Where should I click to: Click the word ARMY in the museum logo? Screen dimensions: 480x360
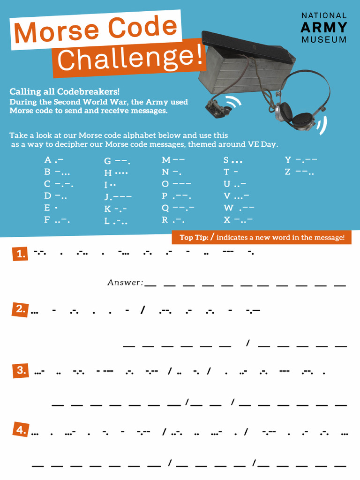pyautogui.click(x=324, y=27)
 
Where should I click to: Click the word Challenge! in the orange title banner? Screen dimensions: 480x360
pyautogui.click(x=131, y=58)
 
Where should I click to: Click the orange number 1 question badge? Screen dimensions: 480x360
pyautogui.click(x=20, y=254)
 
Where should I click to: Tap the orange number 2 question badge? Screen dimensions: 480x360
pyautogui.click(x=20, y=309)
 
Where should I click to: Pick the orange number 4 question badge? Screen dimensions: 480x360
pyautogui.click(x=20, y=430)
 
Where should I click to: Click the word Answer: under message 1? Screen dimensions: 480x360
pyautogui.click(x=125, y=283)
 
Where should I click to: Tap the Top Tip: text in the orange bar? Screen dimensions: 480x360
pyautogui.click(x=194, y=238)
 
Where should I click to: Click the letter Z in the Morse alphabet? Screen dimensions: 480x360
pyautogui.click(x=288, y=172)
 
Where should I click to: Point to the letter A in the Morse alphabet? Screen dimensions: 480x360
pyautogui.click(x=47, y=160)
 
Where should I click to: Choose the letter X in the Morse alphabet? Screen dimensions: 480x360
pyautogui.click(x=227, y=220)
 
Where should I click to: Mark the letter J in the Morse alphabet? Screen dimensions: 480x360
pyautogui.click(x=107, y=197)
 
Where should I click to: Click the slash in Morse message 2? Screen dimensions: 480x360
pyautogui.click(x=142, y=310)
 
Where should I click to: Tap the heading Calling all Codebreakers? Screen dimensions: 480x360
pyautogui.click(x=65, y=91)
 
